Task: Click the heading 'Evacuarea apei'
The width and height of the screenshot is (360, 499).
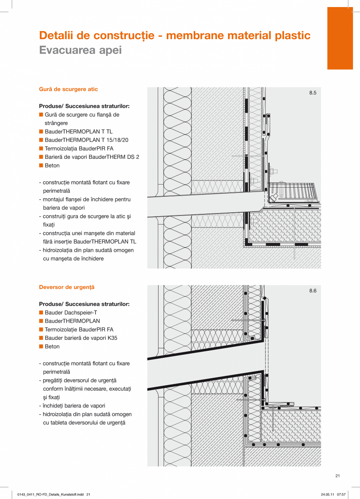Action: [80, 50]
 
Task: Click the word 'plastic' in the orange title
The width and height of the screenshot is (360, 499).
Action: [291, 36]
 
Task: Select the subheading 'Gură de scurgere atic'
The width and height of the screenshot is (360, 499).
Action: [68, 89]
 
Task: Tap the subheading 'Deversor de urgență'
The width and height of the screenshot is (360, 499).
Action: [67, 287]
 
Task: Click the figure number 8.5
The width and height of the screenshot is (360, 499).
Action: [313, 93]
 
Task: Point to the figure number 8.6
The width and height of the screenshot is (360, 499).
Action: [313, 291]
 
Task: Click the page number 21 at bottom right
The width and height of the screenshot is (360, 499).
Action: [338, 476]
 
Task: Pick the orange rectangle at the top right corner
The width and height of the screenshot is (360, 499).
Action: [340, 38]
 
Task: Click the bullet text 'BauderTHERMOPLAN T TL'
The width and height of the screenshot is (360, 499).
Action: [78, 132]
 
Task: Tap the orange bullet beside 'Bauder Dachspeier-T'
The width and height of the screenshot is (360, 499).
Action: [41, 312]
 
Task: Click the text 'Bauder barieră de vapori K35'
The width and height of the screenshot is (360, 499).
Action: [81, 338]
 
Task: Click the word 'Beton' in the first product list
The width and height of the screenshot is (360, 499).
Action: [52, 165]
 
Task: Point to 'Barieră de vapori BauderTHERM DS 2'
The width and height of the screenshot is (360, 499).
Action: [92, 157]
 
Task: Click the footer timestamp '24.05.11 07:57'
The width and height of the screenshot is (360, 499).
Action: [333, 495]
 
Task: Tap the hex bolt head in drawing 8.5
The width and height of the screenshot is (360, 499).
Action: [272, 171]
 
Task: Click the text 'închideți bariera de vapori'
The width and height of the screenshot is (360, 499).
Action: [74, 406]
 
